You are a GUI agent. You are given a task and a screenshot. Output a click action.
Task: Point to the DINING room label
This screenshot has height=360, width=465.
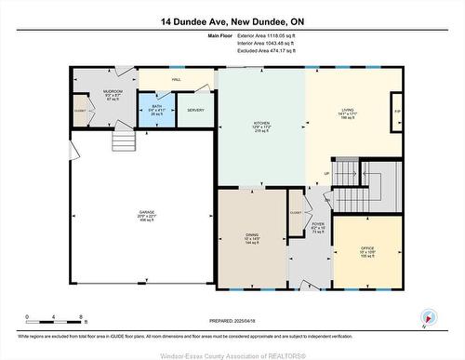(x=252, y=238)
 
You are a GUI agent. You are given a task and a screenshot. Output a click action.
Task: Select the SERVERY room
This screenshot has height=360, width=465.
(x=195, y=110)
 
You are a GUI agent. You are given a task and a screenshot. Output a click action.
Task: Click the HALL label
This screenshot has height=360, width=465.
(x=177, y=80)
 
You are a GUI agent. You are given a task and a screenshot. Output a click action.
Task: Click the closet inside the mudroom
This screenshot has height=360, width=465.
(x=80, y=112)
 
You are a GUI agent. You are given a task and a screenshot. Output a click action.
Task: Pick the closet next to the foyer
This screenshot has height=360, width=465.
(x=296, y=209)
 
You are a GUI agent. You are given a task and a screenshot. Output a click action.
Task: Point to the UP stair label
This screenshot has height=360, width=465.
(x=326, y=174)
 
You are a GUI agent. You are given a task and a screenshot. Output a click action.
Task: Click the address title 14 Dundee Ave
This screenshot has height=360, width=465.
(x=232, y=20)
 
